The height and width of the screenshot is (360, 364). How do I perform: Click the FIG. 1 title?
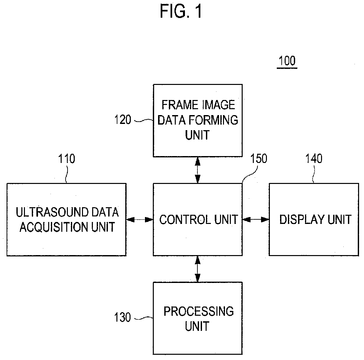pos(181,11)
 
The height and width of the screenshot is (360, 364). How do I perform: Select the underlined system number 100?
pos(287,61)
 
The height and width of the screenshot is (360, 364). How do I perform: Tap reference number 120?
pos(123,120)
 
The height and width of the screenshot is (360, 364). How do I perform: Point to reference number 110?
pos(67,159)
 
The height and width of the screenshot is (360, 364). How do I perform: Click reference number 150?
pos(259,159)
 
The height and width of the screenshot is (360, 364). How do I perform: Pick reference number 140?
pos(313,159)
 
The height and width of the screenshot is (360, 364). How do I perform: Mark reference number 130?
pos(123,317)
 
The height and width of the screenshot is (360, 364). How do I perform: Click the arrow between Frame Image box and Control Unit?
pos(197,170)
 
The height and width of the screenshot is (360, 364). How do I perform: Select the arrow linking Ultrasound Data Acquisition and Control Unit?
pos(140,220)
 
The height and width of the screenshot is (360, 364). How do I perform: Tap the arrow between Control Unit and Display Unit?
pos(256,220)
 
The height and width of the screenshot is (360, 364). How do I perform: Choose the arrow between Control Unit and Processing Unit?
pos(197,269)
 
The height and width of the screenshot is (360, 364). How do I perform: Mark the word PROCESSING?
pos(199,311)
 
